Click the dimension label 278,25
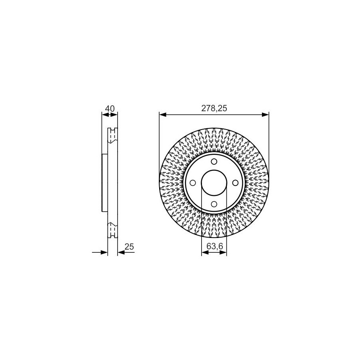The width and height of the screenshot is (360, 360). pyautogui.click(x=214, y=108)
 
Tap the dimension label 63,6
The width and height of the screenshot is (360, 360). pyautogui.click(x=215, y=246)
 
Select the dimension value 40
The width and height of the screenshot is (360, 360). pyautogui.click(x=110, y=108)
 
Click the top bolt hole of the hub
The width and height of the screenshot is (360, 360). pyautogui.click(x=214, y=162)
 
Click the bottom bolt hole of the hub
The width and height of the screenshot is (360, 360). pyautogui.click(x=214, y=204)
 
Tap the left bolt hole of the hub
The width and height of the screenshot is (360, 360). pyautogui.click(x=193, y=183)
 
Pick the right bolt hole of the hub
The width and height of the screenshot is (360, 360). pyautogui.click(x=235, y=183)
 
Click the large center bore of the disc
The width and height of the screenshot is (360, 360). pyautogui.click(x=214, y=183)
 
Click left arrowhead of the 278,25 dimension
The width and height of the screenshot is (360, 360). pyautogui.click(x=162, y=114)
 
